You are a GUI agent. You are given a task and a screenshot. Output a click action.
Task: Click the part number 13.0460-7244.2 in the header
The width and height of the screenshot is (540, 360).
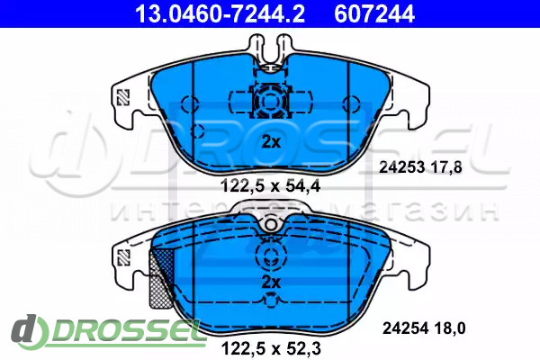[x=220, y=13]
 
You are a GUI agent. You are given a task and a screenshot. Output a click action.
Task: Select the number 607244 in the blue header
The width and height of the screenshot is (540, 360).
[x=374, y=13]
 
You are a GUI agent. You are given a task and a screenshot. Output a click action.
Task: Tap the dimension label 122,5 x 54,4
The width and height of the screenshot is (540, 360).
[x=270, y=186]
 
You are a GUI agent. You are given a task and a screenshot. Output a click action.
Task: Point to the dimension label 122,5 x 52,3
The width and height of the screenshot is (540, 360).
[x=272, y=348]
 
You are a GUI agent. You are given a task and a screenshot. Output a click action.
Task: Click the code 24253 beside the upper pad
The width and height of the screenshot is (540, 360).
[x=401, y=167]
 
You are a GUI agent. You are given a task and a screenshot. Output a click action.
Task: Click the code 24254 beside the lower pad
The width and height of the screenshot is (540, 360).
[x=405, y=328]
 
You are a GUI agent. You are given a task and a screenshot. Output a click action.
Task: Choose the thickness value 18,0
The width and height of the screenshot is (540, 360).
[x=449, y=328]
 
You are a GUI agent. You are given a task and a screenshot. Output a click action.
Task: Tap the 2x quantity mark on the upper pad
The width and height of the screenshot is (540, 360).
[x=271, y=141]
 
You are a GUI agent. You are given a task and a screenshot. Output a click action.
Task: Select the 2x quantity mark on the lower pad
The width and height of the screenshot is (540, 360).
[x=271, y=283]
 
